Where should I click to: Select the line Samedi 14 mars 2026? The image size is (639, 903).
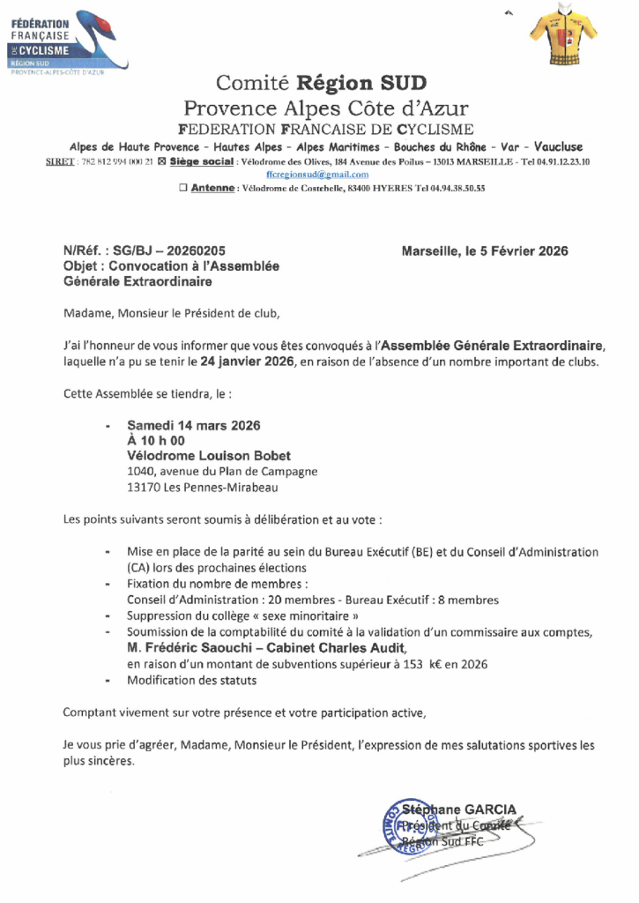tap(194, 425)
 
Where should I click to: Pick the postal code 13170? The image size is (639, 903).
tap(145, 487)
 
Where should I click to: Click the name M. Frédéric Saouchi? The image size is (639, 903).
tap(189, 648)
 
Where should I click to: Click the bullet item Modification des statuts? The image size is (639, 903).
tap(191, 680)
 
